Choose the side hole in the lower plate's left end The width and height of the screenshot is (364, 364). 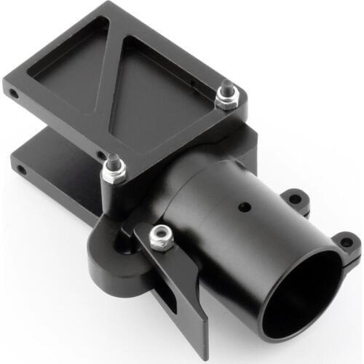click(21, 170)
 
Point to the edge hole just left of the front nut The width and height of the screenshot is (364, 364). click(100, 154)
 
